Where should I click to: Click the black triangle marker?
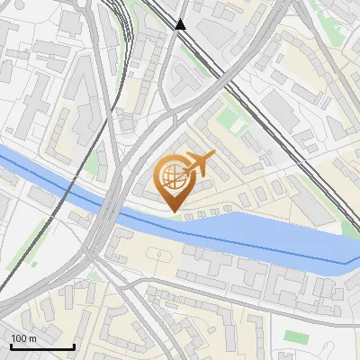pyautogui.click(x=181, y=24)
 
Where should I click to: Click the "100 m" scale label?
pyautogui.click(x=23, y=337)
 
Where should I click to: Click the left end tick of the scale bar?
pyautogui.click(x=11, y=345)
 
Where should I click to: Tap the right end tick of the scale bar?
pyautogui.click(x=74, y=345)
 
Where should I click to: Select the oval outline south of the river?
pyautogui.click(x=162, y=254)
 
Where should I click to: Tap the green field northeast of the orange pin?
pyautogui.click(x=232, y=119)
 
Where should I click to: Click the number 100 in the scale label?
pyautogui.click(x=19, y=337)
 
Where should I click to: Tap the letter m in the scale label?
pyautogui.click(x=32, y=338)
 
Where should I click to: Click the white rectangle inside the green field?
pyautogui.click(x=232, y=118)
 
